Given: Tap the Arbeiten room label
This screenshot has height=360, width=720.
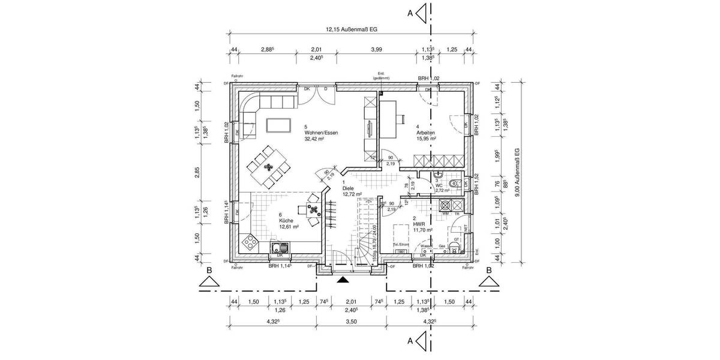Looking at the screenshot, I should tap(425, 133).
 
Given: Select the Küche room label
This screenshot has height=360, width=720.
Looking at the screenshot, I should tap(286, 221).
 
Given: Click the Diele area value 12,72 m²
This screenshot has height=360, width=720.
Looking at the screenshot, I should tap(352, 194).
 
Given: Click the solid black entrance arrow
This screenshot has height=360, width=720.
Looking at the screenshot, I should tap(342, 279).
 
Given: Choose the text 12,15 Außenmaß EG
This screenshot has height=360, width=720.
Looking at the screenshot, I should tap(351, 28).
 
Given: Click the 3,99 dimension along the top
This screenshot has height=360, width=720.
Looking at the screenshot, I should tap(377, 50).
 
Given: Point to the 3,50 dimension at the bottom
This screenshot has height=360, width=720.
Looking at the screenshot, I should tap(351, 322).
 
